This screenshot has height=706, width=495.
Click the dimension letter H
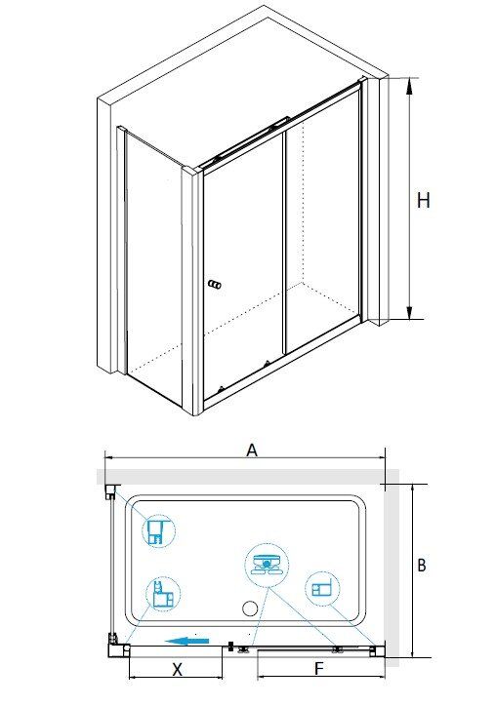pos(424,200)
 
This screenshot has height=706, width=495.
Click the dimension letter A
pos(252,450)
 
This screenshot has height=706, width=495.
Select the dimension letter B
pos(422,565)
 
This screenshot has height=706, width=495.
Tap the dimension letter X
pos(177,669)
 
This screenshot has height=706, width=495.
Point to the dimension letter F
pos(318,669)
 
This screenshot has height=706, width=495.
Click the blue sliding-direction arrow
pos(186,641)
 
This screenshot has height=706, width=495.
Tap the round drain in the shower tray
pos(250,608)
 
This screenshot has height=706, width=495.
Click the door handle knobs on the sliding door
pos(215,285)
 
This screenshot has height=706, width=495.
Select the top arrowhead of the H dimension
pos(409,86)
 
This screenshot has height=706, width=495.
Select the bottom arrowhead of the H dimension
pos(409,312)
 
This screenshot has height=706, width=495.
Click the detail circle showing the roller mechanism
pos(267,565)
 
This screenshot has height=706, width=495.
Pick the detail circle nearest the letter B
pos(322,588)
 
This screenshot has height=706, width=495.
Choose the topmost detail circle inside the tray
pos(159,530)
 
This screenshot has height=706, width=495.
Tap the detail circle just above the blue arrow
pos(163,594)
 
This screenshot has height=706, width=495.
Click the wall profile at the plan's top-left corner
pos(110,491)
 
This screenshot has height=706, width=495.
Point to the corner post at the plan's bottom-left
pos(114,647)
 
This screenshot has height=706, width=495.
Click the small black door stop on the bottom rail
pos(231,647)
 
